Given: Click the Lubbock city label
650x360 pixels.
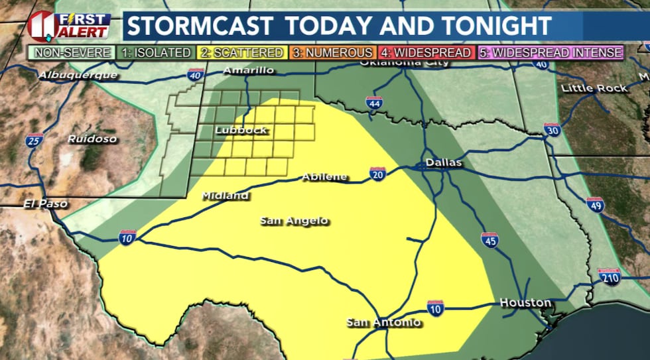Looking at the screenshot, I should tap(241, 130).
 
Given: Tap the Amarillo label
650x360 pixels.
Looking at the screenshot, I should tap(249, 70).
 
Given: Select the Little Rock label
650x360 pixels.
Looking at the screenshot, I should tap(594, 88).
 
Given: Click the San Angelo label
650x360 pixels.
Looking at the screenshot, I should tap(294, 221).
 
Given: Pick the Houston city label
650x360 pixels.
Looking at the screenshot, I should tap(525, 302).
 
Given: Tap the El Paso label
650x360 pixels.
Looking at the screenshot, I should tap(45, 204).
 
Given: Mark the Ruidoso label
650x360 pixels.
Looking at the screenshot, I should tap(92, 139).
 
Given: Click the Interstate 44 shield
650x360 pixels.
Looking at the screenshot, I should tap(373, 103).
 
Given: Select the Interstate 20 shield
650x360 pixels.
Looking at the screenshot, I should tap(378, 174).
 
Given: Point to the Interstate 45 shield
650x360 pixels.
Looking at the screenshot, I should tap(489, 241).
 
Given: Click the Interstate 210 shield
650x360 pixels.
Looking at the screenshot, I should tap(608, 276).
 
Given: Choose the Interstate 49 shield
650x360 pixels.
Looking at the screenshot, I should tap(595, 205).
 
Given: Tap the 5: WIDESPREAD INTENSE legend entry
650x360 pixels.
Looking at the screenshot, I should tap(550, 52).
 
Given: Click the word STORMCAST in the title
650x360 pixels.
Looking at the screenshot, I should tap(199, 26).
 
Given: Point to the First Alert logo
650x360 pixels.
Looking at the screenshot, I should tap(69, 25).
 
